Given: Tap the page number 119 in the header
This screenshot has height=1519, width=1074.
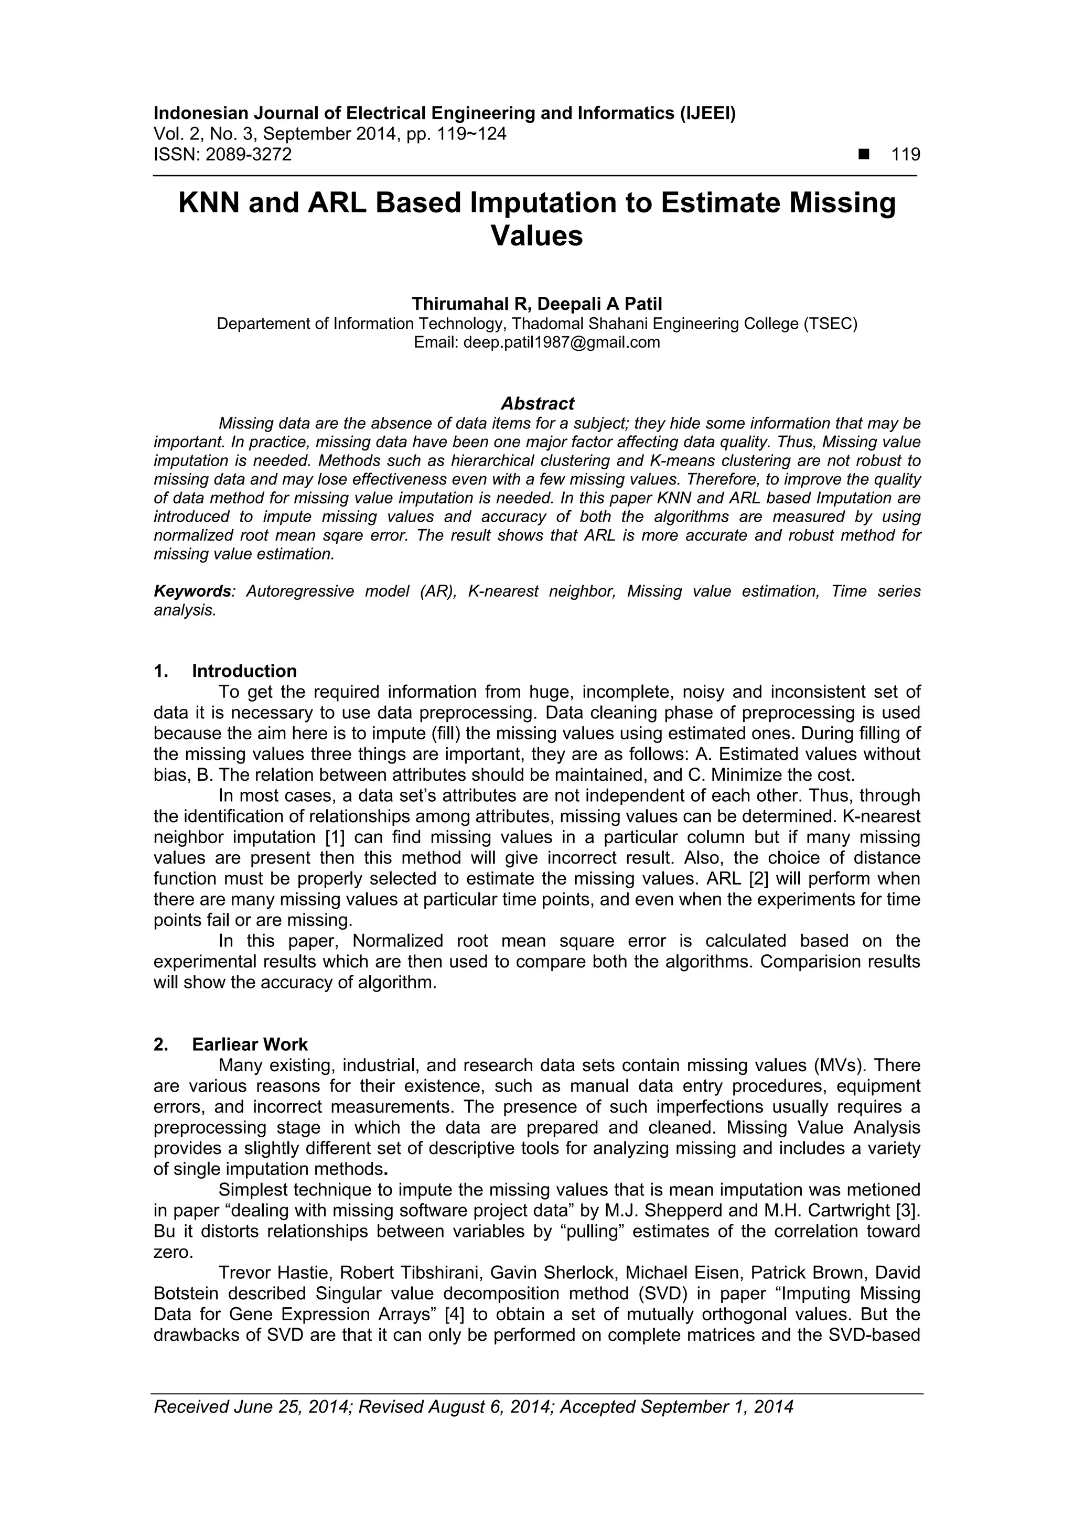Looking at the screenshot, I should point(905,155).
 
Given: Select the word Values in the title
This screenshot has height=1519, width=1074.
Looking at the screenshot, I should point(536,236).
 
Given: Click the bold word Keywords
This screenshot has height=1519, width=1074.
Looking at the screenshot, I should point(192,591).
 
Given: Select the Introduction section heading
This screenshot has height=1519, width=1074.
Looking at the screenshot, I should point(244,672).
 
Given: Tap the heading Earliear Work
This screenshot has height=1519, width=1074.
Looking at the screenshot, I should point(250,1044).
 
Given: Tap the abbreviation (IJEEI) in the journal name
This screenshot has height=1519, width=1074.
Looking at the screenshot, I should point(707,114).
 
